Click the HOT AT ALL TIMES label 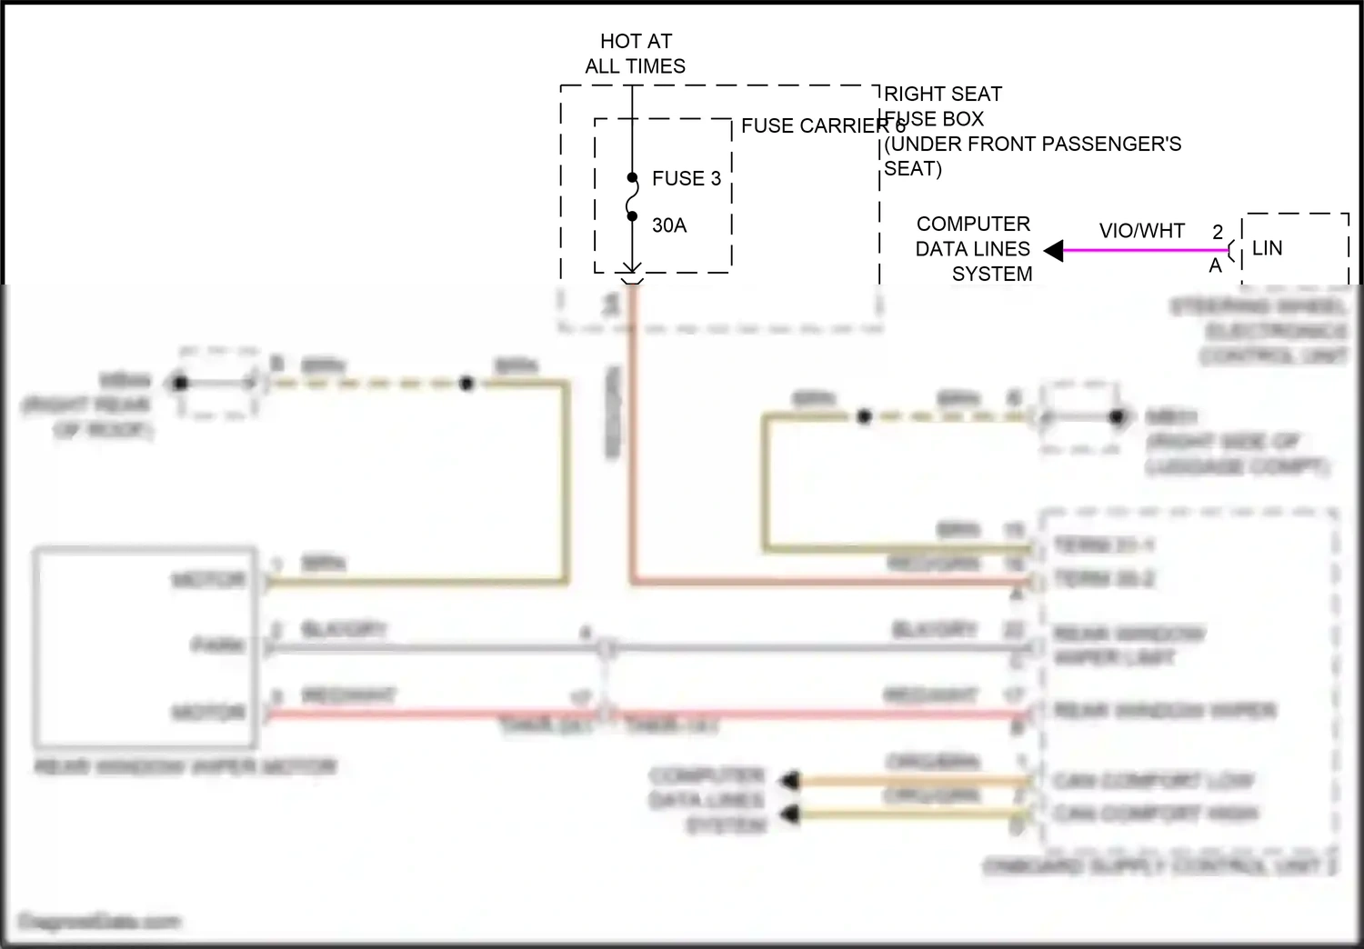point(636,54)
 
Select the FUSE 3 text point(687,178)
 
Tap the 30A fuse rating point(669,225)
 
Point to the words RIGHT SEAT point(943,94)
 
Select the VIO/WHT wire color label point(1141,231)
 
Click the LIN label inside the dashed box point(1267,248)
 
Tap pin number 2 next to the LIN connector point(1218,233)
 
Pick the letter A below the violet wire point(1215,266)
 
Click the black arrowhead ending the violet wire point(1054,251)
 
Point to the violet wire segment point(1146,251)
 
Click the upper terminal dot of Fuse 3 point(632,178)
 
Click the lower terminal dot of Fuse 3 point(632,216)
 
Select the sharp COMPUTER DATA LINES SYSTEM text point(973,249)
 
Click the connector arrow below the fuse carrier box point(632,269)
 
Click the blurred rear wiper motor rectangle point(145,645)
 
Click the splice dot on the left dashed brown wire point(466,384)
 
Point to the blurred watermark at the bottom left point(100,922)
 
